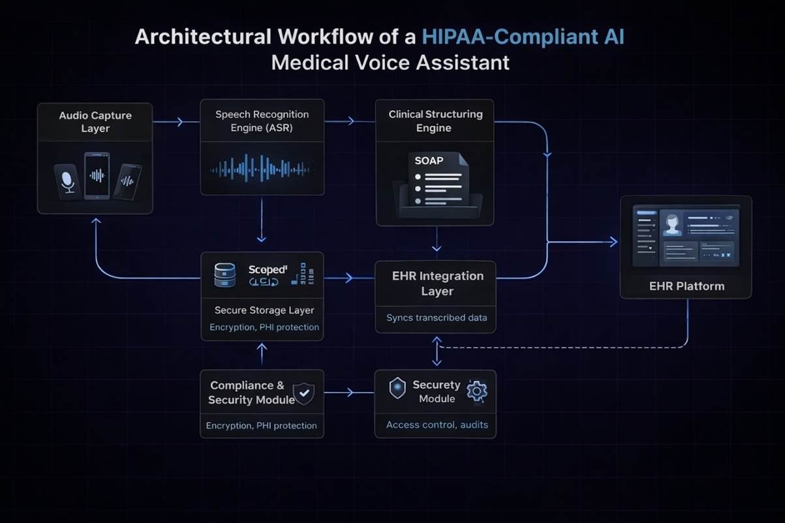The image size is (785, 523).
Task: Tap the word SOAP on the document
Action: click(429, 160)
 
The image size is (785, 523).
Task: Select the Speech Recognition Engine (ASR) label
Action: click(262, 121)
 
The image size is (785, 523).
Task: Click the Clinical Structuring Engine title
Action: click(435, 121)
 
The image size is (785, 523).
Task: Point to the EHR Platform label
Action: click(686, 286)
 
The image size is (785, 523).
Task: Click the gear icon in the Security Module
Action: click(478, 391)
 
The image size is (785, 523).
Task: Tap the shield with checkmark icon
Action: click(303, 393)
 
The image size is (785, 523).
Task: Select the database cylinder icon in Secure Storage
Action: click(224, 275)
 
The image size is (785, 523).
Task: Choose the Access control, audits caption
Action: click(437, 425)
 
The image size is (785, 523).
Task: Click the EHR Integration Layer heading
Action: click(437, 284)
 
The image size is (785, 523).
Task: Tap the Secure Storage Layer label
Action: click(264, 310)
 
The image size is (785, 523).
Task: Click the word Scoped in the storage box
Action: click(268, 269)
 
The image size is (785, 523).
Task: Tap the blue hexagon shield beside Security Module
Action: click(397, 389)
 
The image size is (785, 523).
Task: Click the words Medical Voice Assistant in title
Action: click(390, 63)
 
